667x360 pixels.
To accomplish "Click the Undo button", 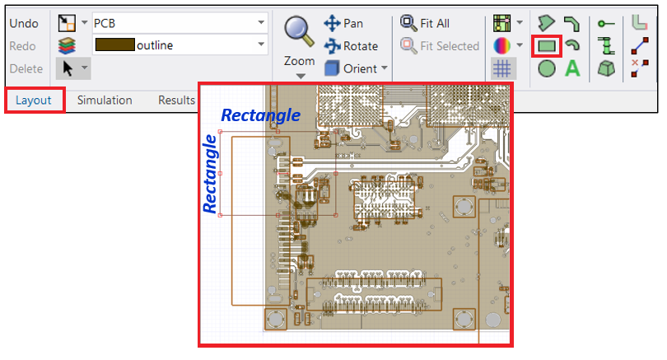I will coord(24,23).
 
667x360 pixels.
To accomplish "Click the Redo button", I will coord(23,46).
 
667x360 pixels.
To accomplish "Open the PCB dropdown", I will coord(180,22).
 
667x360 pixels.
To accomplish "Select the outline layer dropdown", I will coord(180,44).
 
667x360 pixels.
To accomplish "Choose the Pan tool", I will coord(344,23).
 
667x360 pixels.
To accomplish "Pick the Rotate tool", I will coord(352,46).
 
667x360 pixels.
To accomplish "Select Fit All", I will coord(425,23).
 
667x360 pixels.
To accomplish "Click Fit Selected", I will coord(440,46).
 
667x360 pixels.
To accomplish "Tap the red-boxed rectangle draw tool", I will coord(547,46).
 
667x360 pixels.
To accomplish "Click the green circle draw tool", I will coord(547,68).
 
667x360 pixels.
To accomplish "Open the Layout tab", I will coord(35,100).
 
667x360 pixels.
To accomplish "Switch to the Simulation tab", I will coord(105,100).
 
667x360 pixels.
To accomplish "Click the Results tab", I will coord(176,100).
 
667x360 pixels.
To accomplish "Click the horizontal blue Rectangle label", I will coord(260,115).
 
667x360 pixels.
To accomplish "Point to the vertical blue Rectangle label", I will coord(210,175).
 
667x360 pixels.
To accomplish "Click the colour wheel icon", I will coord(502,46).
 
